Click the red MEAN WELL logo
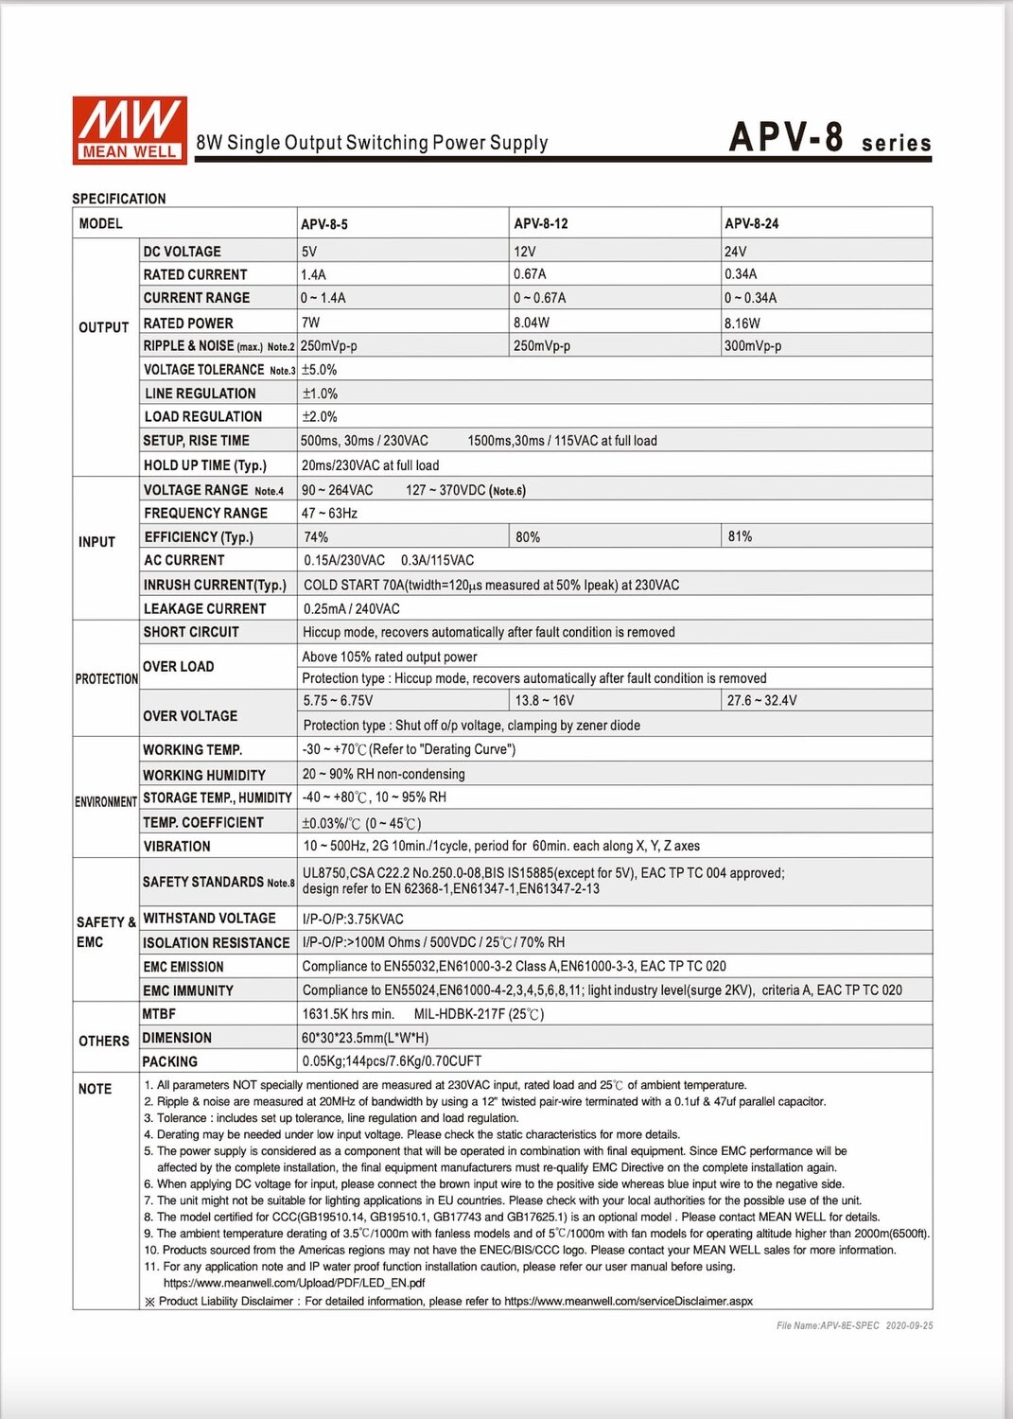pyautogui.click(x=130, y=131)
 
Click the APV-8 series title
pyautogui.click(x=830, y=138)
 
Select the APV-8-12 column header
pyautogui.click(x=541, y=224)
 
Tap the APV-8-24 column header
pyautogui.click(x=752, y=224)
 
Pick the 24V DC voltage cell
pyautogui.click(x=736, y=252)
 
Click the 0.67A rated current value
pyautogui.click(x=530, y=274)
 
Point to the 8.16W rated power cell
pyautogui.click(x=742, y=323)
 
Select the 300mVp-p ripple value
pyautogui.click(x=753, y=346)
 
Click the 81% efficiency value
pyautogui.click(x=740, y=536)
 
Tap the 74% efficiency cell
pyautogui.click(x=316, y=536)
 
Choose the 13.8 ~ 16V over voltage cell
pyautogui.click(x=544, y=701)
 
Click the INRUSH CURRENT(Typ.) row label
pyautogui.click(x=215, y=585)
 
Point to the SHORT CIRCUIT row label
pyautogui.click(x=191, y=632)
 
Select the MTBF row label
pyautogui.click(x=159, y=1014)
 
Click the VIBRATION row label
pyautogui.click(x=177, y=847)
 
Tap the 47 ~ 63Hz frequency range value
pyautogui.click(x=329, y=513)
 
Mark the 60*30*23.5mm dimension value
pyautogui.click(x=365, y=1038)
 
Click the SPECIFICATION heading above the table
pyautogui.click(x=119, y=199)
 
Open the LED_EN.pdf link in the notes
pyautogui.click(x=294, y=1284)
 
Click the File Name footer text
pyautogui.click(x=854, y=1325)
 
